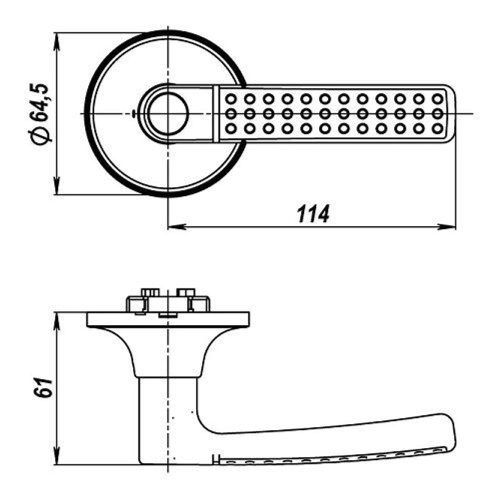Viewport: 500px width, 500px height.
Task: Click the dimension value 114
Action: click(x=313, y=214)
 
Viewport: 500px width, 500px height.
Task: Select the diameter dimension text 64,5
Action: click(x=40, y=102)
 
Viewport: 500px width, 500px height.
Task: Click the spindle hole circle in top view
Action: click(x=167, y=114)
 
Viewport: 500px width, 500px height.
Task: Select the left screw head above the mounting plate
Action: click(x=149, y=291)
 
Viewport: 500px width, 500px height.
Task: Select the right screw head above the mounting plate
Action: click(x=185, y=291)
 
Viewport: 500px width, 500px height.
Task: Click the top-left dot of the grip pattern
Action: click(x=230, y=98)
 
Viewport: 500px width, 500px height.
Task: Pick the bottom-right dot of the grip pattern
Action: click(x=437, y=129)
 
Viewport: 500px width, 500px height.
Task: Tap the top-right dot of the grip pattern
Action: click(x=437, y=98)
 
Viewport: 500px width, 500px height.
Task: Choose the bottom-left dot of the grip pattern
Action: click(x=230, y=129)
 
